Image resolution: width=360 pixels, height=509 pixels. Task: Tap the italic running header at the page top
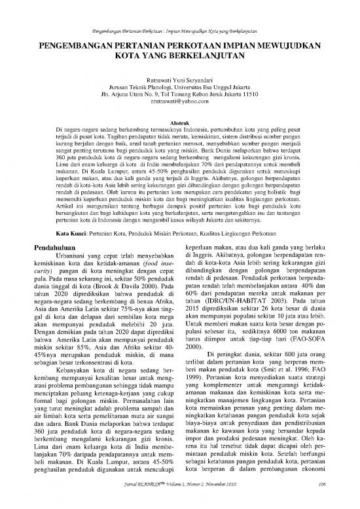pyautogui.click(x=179, y=31)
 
